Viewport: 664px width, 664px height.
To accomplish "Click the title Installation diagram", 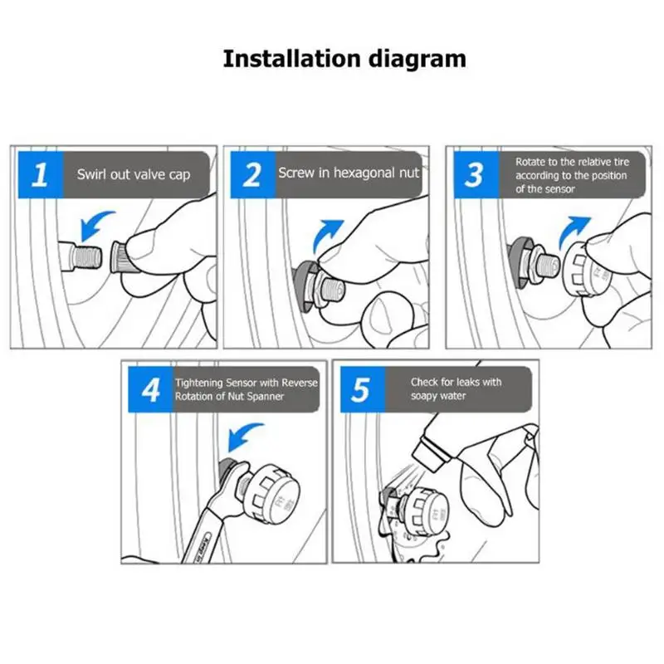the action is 344,59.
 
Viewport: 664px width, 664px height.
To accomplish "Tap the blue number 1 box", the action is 41,174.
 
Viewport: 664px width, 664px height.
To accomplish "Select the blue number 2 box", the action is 253,174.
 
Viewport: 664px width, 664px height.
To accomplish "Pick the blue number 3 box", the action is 476,174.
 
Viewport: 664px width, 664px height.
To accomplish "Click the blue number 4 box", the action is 151,389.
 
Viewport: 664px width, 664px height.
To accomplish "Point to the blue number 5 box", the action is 363,389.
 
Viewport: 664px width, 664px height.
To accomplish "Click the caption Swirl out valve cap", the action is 134,174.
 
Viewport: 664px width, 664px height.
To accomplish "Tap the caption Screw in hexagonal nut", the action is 349,173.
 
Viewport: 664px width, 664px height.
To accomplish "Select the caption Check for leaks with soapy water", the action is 456,388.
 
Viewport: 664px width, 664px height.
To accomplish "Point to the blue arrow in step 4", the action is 242,437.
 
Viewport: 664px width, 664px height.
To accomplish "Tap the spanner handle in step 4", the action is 204,533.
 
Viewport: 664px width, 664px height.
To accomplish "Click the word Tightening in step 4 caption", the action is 198,383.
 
